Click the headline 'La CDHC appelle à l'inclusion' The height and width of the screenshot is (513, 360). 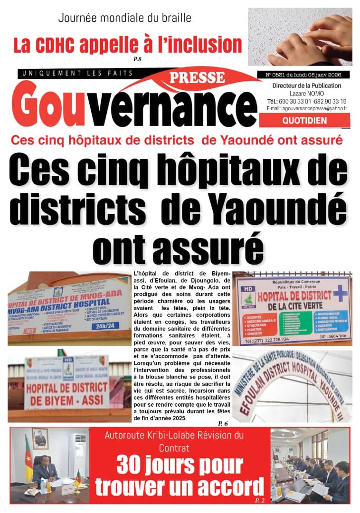(127, 45)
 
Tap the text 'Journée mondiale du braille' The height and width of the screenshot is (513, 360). (124, 19)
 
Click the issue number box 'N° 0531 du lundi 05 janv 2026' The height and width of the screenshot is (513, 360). (303, 75)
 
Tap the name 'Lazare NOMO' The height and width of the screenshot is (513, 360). (306, 93)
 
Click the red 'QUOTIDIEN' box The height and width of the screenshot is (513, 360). (304, 121)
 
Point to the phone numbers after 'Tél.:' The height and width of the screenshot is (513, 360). (313, 101)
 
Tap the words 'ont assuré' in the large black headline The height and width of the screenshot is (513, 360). (178, 246)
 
